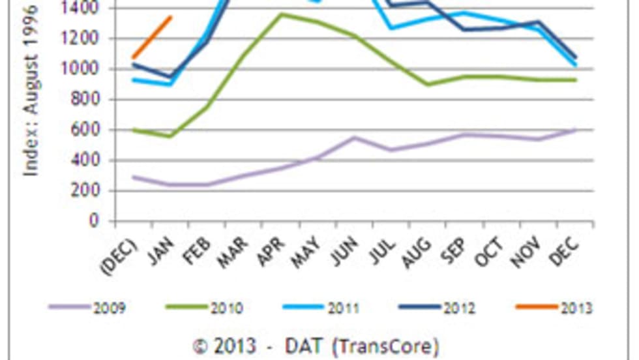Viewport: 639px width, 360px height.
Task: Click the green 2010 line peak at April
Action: click(281, 14)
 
